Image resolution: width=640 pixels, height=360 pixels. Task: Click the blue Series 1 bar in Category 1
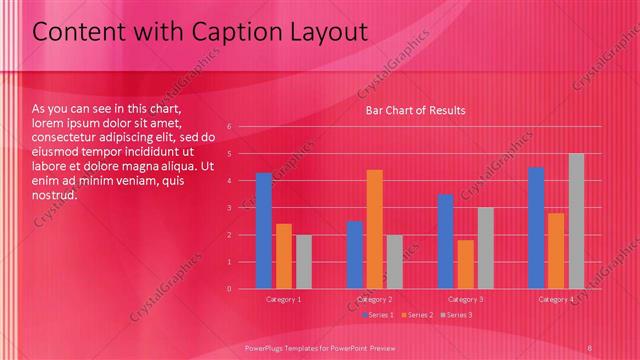tap(264, 231)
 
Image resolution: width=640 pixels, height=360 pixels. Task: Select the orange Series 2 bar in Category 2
tap(374, 229)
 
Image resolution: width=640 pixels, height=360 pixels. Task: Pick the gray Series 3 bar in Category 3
tap(485, 248)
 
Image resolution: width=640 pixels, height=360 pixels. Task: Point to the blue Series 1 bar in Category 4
tap(536, 228)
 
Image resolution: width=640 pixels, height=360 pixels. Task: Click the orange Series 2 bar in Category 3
tap(465, 264)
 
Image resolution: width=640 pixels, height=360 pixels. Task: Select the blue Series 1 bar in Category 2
tap(354, 255)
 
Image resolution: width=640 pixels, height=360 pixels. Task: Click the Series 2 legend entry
tap(416, 315)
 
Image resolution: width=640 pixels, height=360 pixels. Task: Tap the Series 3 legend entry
tap(456, 315)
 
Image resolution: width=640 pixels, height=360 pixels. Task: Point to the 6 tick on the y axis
tap(229, 127)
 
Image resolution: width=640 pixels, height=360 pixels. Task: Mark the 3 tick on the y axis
tap(229, 208)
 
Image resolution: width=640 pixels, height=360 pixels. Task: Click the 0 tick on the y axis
tap(229, 289)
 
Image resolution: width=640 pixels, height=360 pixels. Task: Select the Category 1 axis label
tap(284, 299)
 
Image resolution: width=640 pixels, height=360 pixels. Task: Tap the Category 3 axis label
tap(465, 299)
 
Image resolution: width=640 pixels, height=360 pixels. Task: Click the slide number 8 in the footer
tap(590, 347)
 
